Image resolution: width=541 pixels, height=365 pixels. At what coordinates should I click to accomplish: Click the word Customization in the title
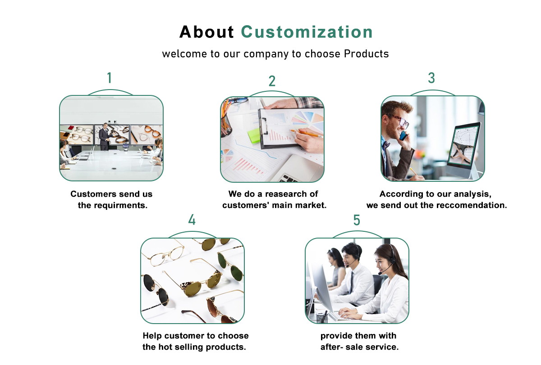pyautogui.click(x=307, y=32)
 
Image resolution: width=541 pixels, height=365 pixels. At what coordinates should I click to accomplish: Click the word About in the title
pyautogui.click(x=206, y=32)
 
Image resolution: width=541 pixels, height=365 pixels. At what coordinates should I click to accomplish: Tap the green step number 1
pyautogui.click(x=110, y=78)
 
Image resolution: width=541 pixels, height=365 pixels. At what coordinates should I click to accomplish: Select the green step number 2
pyautogui.click(x=272, y=81)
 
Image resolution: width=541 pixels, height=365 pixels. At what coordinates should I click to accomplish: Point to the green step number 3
pyautogui.click(x=431, y=78)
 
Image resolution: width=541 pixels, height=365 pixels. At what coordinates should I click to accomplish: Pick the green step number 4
pyautogui.click(x=192, y=220)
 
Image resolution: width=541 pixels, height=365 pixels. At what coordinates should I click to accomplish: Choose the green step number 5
pyautogui.click(x=357, y=220)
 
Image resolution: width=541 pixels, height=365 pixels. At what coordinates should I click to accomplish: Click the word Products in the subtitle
pyautogui.click(x=367, y=54)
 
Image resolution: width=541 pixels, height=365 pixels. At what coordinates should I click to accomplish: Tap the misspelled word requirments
pyautogui.click(x=120, y=205)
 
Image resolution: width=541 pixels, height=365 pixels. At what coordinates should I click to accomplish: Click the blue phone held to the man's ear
pyautogui.click(x=403, y=136)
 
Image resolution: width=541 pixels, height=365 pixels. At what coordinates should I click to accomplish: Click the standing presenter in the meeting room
pyautogui.click(x=105, y=136)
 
